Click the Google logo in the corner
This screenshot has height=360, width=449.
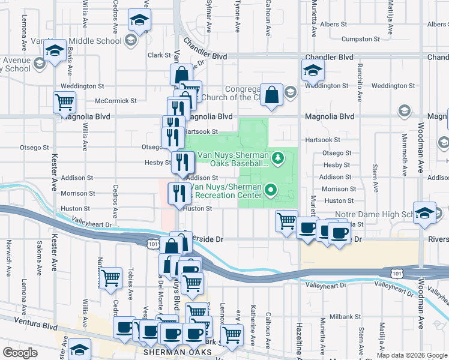click(20, 353)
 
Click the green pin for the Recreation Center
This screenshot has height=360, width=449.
click(271, 191)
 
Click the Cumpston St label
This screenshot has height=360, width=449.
click(361, 39)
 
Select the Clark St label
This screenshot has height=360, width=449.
click(159, 55)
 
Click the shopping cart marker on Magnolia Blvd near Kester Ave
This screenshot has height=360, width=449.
click(64, 101)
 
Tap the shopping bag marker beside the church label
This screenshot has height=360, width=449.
click(272, 95)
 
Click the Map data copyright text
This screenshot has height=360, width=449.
click(411, 355)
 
